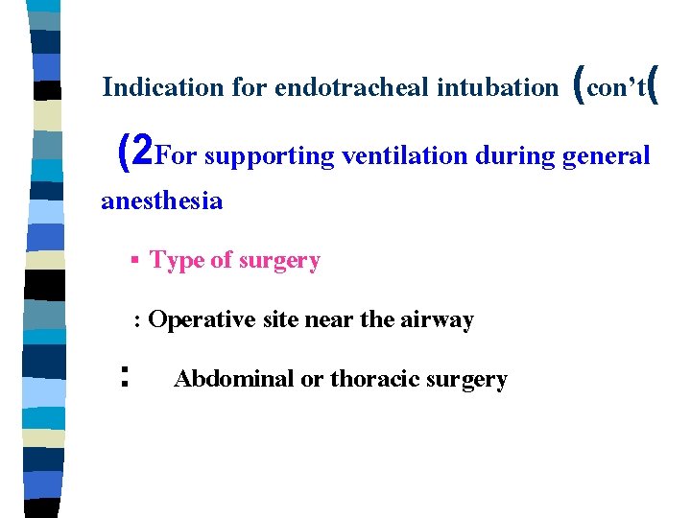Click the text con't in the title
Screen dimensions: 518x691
click(614, 88)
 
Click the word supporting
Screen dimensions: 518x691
click(268, 155)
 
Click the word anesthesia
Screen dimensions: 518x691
click(161, 201)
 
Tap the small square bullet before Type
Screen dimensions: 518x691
click(135, 261)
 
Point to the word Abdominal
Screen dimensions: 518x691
click(233, 379)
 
